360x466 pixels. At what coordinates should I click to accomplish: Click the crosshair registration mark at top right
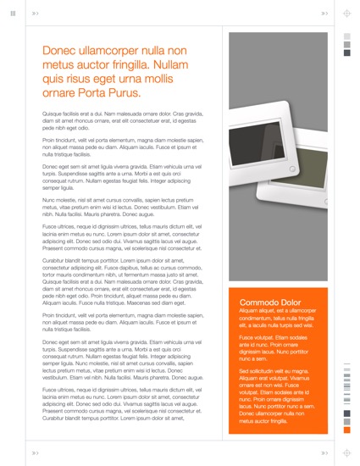(346, 14)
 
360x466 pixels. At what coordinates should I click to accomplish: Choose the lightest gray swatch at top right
(346, 36)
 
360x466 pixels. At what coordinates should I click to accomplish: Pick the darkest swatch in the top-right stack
(346, 53)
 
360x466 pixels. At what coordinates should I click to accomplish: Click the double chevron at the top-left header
(35, 14)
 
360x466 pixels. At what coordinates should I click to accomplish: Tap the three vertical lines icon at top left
(13, 14)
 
